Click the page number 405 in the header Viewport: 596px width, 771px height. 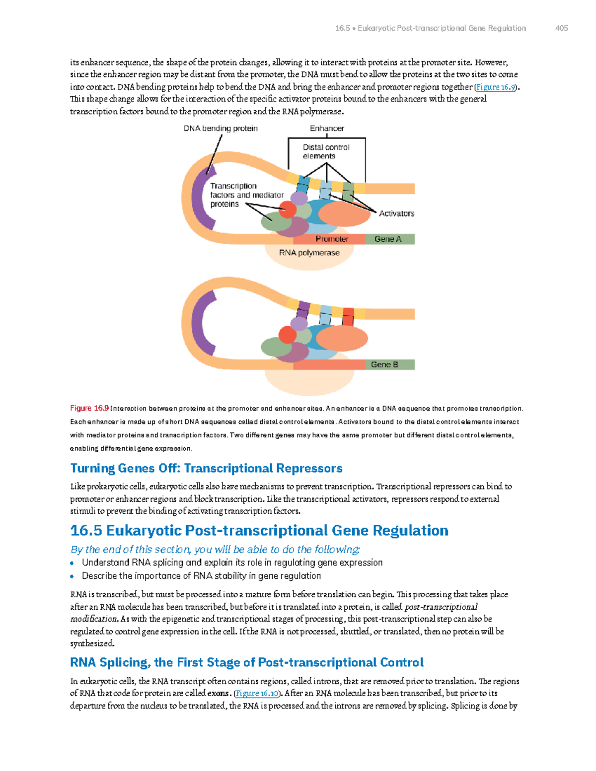pos(561,28)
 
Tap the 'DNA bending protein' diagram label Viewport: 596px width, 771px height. pos(221,129)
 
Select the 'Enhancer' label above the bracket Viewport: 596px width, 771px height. pos(327,129)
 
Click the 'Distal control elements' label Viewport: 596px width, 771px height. pos(326,151)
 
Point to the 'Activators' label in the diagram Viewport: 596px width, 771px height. pos(396,213)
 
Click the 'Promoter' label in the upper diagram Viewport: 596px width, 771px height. pos(332,239)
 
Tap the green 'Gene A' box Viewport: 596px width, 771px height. pos(389,239)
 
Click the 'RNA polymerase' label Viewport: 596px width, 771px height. pos(309,253)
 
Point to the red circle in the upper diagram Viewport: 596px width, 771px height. pos(288,210)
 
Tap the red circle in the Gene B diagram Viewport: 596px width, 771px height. pos(288,335)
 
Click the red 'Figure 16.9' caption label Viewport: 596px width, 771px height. pos(89,409)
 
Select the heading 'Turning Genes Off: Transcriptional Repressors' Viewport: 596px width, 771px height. pos(206,469)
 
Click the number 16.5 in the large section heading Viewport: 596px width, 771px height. pos(86,531)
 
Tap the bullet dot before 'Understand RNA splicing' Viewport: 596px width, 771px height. pos(72,563)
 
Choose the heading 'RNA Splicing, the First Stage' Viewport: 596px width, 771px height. pos(247,663)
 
